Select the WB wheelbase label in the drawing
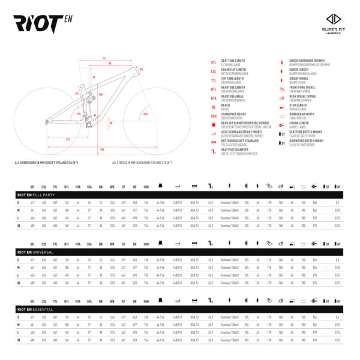pyautogui.click(x=103, y=149)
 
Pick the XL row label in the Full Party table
pyautogui.click(x=19, y=226)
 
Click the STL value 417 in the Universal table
pyautogui.click(x=32, y=260)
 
